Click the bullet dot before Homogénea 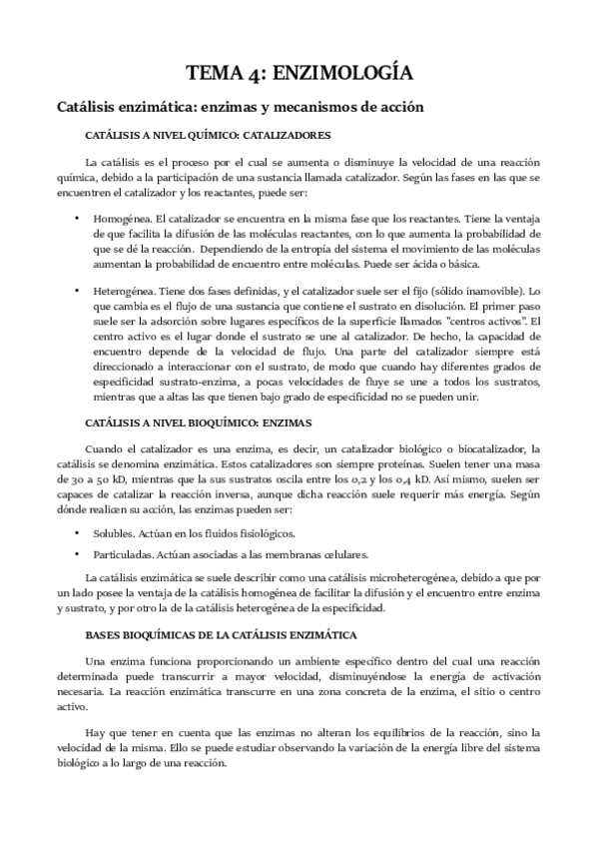coord(77,217)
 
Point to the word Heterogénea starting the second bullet coord(122,290)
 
